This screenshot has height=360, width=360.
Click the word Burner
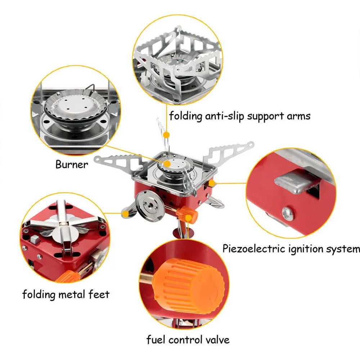[x=72, y=165]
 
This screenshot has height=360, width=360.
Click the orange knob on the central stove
[x=190, y=215]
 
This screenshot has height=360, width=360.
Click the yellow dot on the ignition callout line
[x=212, y=183]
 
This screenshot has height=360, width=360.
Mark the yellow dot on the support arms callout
[x=166, y=135]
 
